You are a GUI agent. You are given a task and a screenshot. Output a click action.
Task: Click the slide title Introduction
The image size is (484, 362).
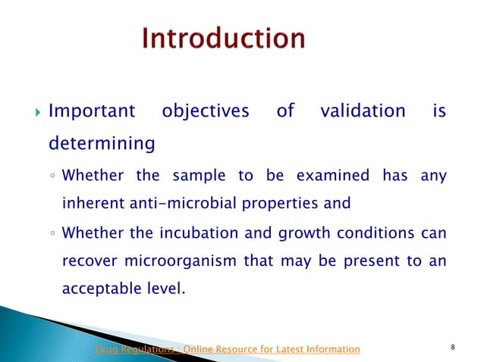(x=224, y=39)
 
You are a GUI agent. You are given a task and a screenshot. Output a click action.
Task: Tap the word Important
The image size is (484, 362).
(x=92, y=112)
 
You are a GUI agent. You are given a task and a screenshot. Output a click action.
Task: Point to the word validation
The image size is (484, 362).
(x=363, y=112)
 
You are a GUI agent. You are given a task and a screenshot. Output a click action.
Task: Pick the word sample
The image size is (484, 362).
(x=196, y=177)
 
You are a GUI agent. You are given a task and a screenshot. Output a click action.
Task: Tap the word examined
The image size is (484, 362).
(x=322, y=177)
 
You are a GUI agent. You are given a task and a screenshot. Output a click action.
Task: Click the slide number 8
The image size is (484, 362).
(x=452, y=348)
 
